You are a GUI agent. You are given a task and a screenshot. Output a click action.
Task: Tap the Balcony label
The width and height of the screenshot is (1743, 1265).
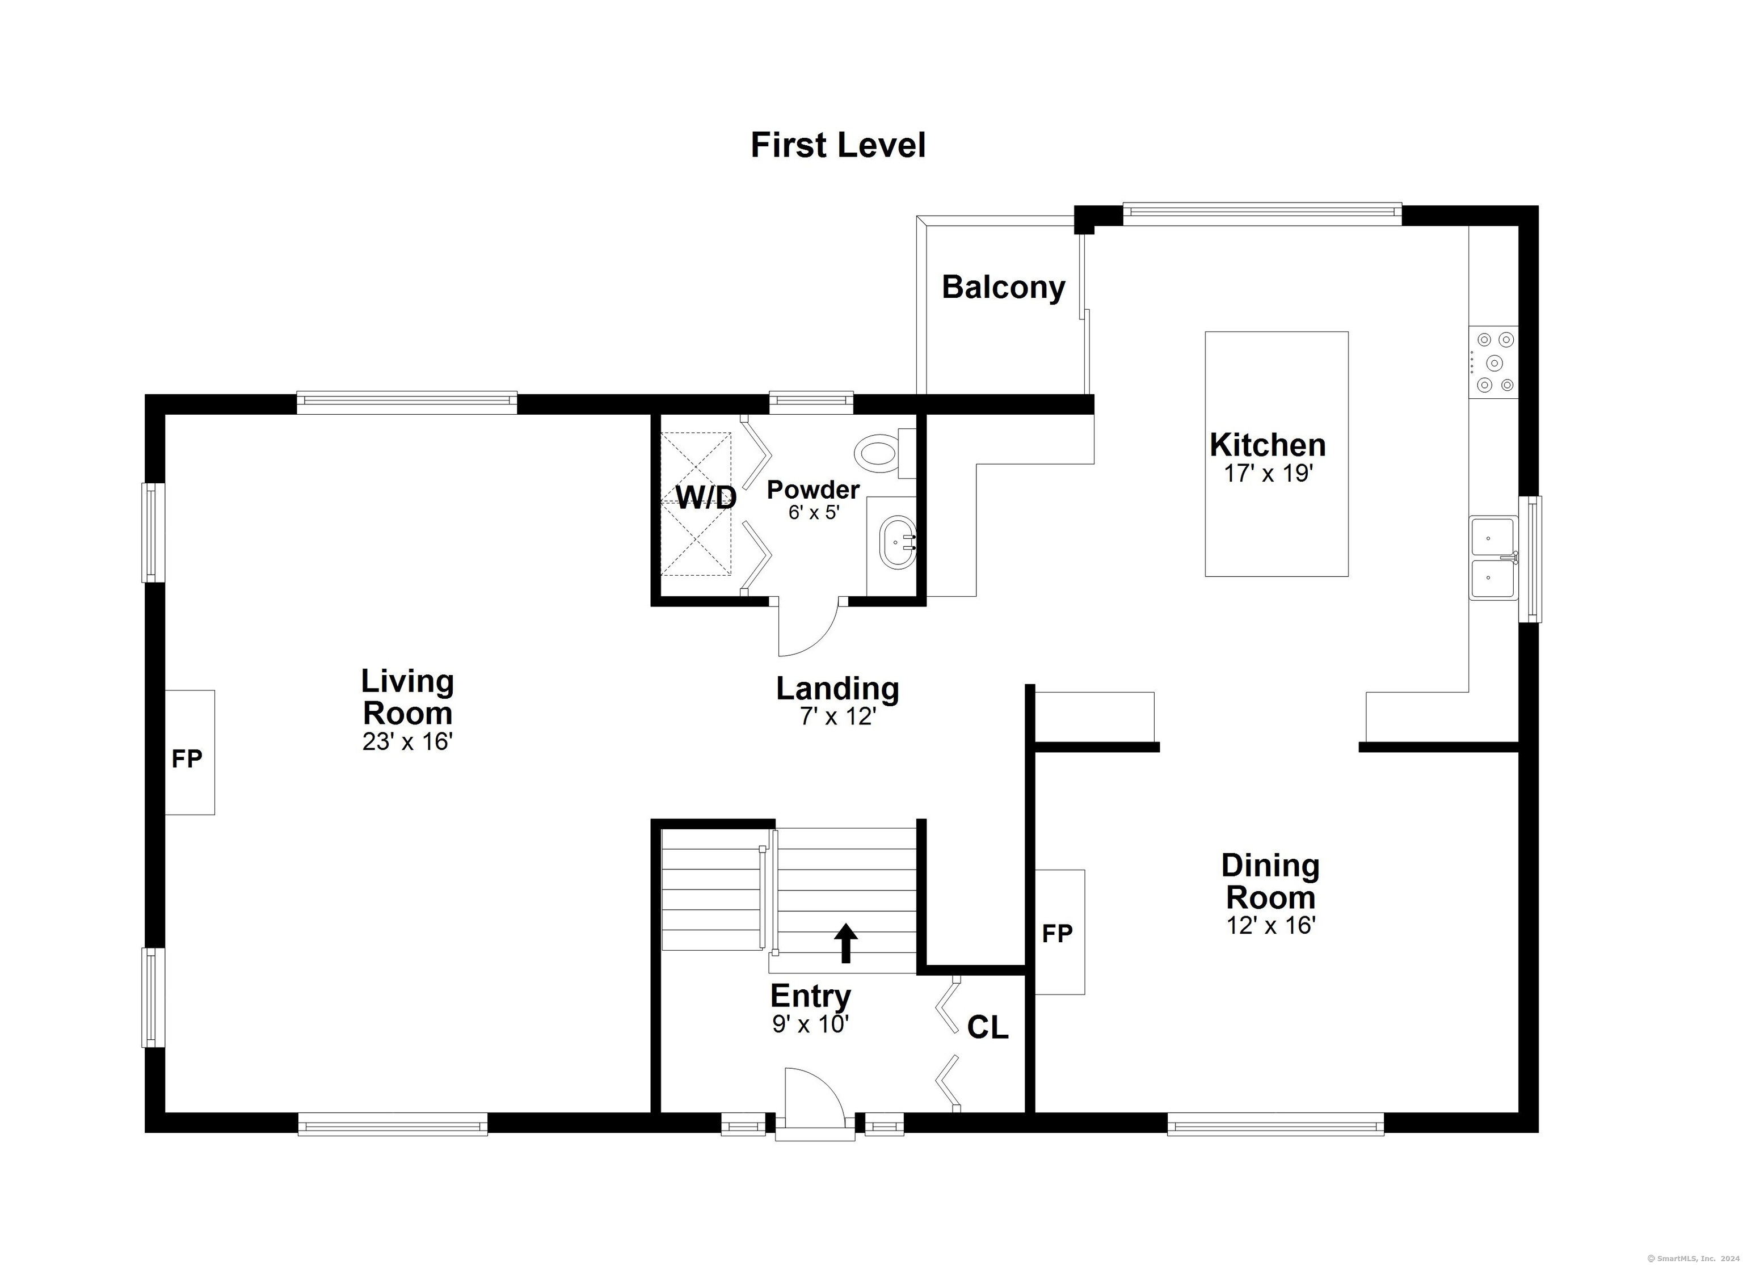pyautogui.click(x=1004, y=288)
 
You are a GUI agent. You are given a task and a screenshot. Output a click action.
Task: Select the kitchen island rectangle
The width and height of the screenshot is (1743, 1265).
pyautogui.click(x=1277, y=454)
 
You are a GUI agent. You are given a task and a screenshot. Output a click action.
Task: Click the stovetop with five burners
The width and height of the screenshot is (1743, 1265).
pyautogui.click(x=1494, y=362)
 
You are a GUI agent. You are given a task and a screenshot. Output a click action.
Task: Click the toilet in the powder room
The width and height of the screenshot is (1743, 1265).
pyautogui.click(x=885, y=453)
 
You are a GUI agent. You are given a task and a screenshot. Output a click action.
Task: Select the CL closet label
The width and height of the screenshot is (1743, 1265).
pyautogui.click(x=988, y=1027)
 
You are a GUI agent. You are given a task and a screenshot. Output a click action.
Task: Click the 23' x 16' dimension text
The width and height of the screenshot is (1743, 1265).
pyautogui.click(x=407, y=741)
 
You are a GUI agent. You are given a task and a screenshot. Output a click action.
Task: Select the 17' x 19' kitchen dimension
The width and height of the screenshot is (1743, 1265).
pyautogui.click(x=1268, y=474)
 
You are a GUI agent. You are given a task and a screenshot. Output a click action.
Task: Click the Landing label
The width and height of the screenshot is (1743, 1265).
pyautogui.click(x=837, y=689)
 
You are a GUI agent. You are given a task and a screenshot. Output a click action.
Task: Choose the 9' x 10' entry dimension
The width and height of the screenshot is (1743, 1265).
pyautogui.click(x=811, y=1024)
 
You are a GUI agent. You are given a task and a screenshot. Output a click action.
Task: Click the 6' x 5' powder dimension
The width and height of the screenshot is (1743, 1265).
pyautogui.click(x=813, y=512)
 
